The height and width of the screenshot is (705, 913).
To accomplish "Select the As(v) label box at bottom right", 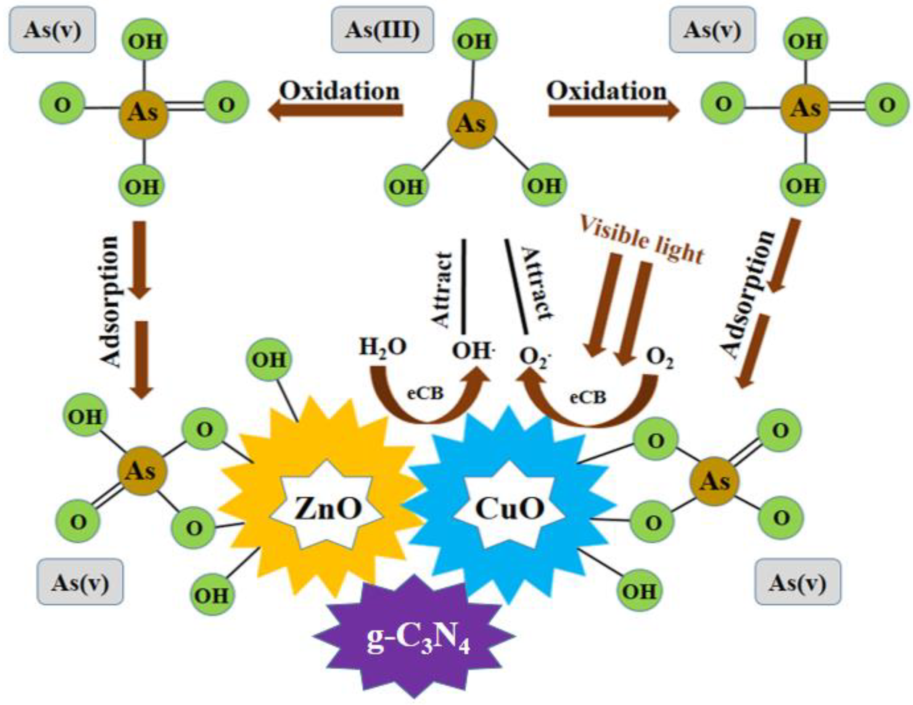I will point(798,583).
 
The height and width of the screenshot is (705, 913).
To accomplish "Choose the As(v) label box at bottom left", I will point(80,583).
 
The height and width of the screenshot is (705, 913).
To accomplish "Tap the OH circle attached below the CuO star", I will point(640,591).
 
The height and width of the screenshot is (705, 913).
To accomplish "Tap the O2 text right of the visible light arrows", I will point(660,358).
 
